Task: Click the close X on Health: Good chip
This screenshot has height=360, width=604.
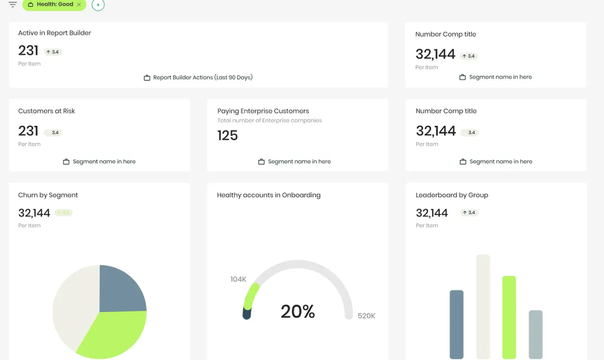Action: coord(79,4)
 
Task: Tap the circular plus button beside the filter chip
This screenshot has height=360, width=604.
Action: coord(98,5)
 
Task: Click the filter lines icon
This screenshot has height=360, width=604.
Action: coord(13,4)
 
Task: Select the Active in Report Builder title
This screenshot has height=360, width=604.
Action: coord(55,33)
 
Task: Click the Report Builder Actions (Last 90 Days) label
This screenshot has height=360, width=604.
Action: coord(203,77)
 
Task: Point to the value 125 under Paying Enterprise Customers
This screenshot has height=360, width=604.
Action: coord(228,135)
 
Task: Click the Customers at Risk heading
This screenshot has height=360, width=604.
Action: coord(46,111)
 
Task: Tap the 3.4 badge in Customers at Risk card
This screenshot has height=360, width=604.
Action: coord(53,132)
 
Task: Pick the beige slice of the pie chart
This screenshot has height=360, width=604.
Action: coord(74,304)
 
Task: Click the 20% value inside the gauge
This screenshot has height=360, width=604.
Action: coord(298,311)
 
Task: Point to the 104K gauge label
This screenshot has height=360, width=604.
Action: coord(238,279)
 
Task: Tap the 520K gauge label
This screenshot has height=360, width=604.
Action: coord(366,316)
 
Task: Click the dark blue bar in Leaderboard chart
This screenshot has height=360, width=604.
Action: coord(456,325)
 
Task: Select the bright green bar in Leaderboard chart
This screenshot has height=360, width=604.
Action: coord(509,318)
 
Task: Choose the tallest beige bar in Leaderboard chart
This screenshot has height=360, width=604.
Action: coord(483,307)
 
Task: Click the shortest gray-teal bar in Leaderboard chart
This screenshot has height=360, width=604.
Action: coord(535,335)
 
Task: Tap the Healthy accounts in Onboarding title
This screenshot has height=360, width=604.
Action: coord(269,195)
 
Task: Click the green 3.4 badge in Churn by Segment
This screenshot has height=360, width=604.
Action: coord(64,212)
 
